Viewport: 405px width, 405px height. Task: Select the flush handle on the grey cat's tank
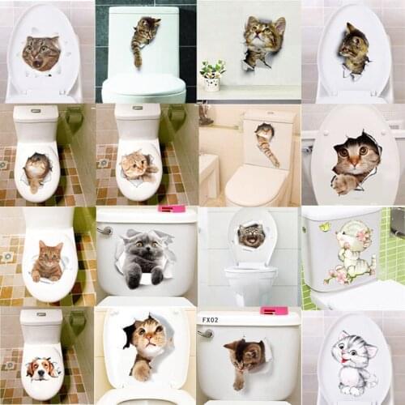[x=104, y=231]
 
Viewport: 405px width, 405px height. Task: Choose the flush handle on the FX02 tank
[x=206, y=332]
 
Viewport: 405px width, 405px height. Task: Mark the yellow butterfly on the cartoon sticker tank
[x=324, y=228]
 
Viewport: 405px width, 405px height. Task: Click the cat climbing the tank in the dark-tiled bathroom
[x=144, y=36]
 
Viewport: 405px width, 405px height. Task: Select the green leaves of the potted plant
[x=212, y=70]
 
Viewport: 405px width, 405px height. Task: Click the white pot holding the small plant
[x=212, y=83]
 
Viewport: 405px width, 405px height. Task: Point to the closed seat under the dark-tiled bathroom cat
[x=144, y=85]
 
